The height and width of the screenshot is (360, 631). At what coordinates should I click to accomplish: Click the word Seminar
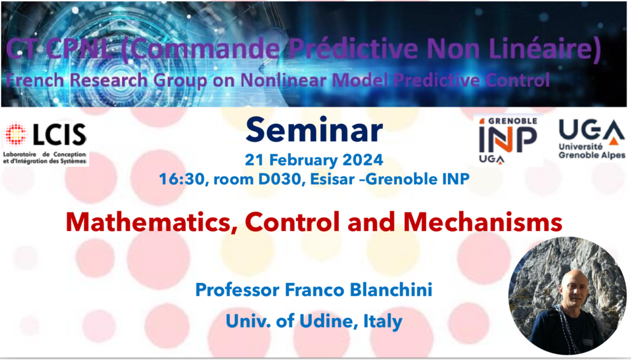[x=314, y=129]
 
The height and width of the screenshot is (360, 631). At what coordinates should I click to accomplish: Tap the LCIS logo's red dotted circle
[x=15, y=134]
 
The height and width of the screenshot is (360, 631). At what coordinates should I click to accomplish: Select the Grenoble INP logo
[x=508, y=140]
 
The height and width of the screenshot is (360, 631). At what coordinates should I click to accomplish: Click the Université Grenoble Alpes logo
[x=592, y=139]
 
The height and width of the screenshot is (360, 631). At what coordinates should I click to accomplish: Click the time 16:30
[x=182, y=179]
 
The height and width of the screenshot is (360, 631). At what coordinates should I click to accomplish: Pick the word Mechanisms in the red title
[x=482, y=221]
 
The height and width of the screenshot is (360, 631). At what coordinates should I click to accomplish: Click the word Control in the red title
[x=292, y=221]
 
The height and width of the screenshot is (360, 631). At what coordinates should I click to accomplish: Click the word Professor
[x=237, y=290]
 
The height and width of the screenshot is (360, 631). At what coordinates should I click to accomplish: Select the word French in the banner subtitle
[x=35, y=80]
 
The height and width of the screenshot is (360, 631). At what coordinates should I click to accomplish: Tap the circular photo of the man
[x=568, y=296]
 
